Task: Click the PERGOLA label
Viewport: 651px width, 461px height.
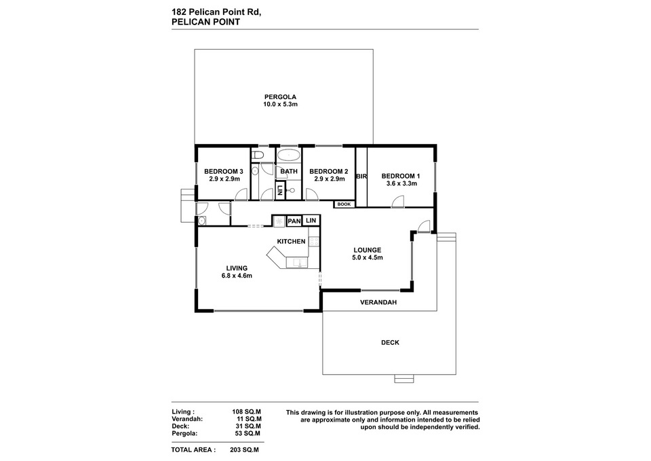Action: click(281, 96)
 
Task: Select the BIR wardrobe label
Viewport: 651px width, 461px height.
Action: click(361, 176)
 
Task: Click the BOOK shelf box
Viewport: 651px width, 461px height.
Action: click(344, 204)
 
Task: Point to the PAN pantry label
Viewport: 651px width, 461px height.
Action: click(294, 221)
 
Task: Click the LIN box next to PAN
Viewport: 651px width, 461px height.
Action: click(311, 221)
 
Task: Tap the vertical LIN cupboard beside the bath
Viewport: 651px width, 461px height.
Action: click(279, 191)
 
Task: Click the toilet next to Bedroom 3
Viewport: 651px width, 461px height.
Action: click(256, 156)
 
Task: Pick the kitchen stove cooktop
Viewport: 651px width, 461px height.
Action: click(278, 221)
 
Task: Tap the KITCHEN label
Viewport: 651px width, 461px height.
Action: click(291, 242)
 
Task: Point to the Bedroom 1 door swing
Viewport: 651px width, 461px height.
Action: click(399, 202)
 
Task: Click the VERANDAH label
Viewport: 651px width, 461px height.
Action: click(378, 302)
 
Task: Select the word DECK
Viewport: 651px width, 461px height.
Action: click(390, 343)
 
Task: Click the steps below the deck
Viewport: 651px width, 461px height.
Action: click(403, 379)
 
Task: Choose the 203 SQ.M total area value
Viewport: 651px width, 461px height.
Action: click(245, 449)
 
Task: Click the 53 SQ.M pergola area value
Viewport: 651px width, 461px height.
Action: click(247, 433)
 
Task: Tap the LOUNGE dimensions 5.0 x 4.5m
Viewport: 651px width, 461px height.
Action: click(368, 258)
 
